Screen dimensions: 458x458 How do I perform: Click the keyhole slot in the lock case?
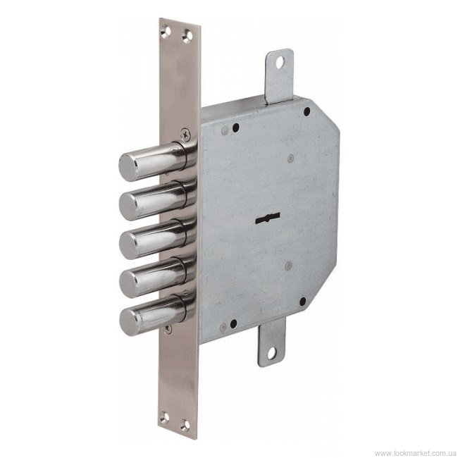click(268, 218)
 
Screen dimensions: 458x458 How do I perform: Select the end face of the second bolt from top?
click(128, 206)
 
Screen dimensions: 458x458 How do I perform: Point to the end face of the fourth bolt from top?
click(129, 283)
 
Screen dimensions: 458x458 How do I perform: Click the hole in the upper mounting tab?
click(280, 62)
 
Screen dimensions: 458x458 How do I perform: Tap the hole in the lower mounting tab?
click(272, 353)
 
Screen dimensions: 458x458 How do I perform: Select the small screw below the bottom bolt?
click(168, 329)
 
